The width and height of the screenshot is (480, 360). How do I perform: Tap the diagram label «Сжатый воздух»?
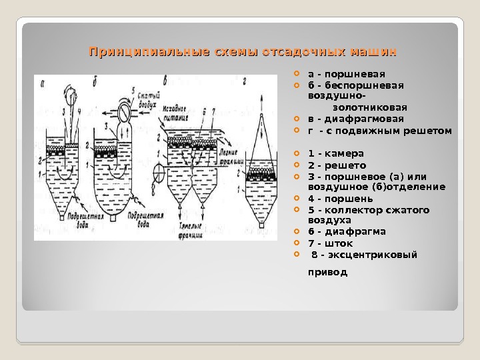(x=148, y=101)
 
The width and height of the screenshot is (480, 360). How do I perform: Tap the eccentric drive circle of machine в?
(x=157, y=177)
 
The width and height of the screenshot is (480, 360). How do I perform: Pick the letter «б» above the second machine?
(x=95, y=82)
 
